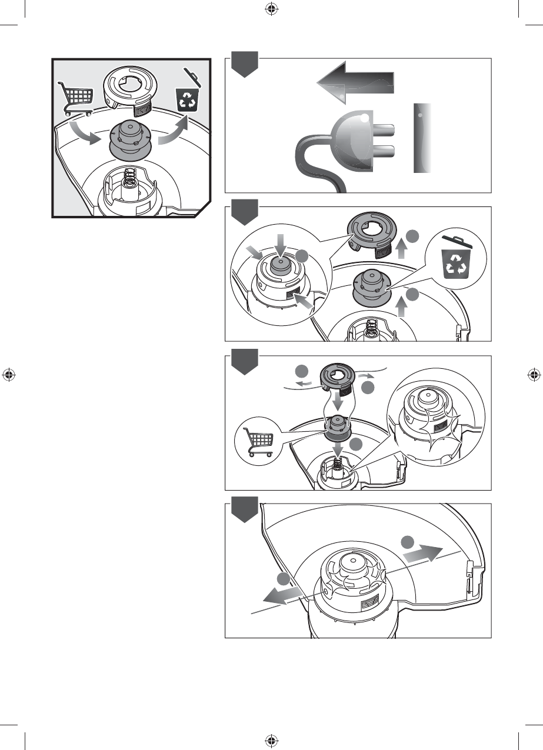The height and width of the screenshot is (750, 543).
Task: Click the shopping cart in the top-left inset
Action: pos(75,98)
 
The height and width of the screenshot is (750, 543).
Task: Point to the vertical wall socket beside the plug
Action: pos(422,138)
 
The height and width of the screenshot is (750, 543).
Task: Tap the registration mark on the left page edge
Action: pos(8,375)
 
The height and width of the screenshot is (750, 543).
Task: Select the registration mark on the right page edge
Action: pos(534,375)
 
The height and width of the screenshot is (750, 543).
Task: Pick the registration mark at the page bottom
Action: pos(271,741)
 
